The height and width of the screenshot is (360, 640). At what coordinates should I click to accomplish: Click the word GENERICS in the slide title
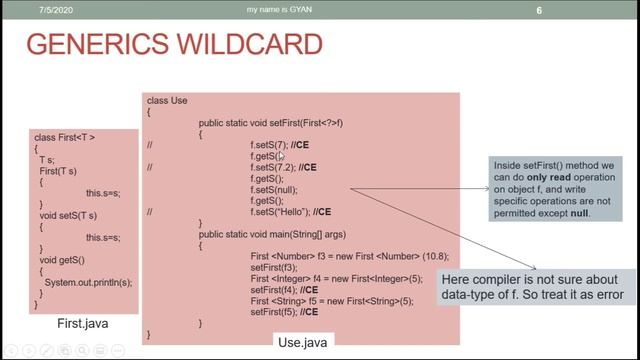coord(90,45)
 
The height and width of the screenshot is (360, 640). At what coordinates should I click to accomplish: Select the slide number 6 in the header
coord(567,11)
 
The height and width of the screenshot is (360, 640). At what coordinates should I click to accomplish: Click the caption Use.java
coord(301,342)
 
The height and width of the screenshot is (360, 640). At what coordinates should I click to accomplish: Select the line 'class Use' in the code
coord(168,101)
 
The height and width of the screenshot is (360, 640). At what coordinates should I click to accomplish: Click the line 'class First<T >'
coord(65,136)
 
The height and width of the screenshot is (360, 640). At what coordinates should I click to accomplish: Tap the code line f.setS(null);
coord(274,189)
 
